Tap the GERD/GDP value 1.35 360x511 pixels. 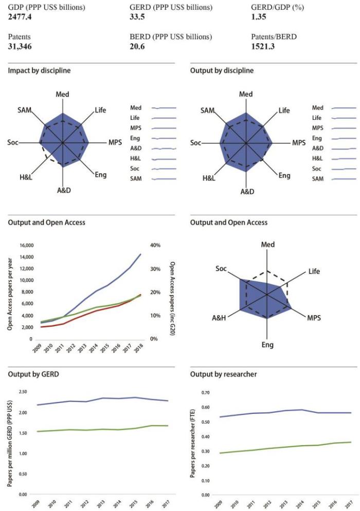257,17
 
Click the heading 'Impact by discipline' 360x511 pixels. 39,70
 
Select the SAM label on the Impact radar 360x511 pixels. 25,111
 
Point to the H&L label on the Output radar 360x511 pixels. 209,178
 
